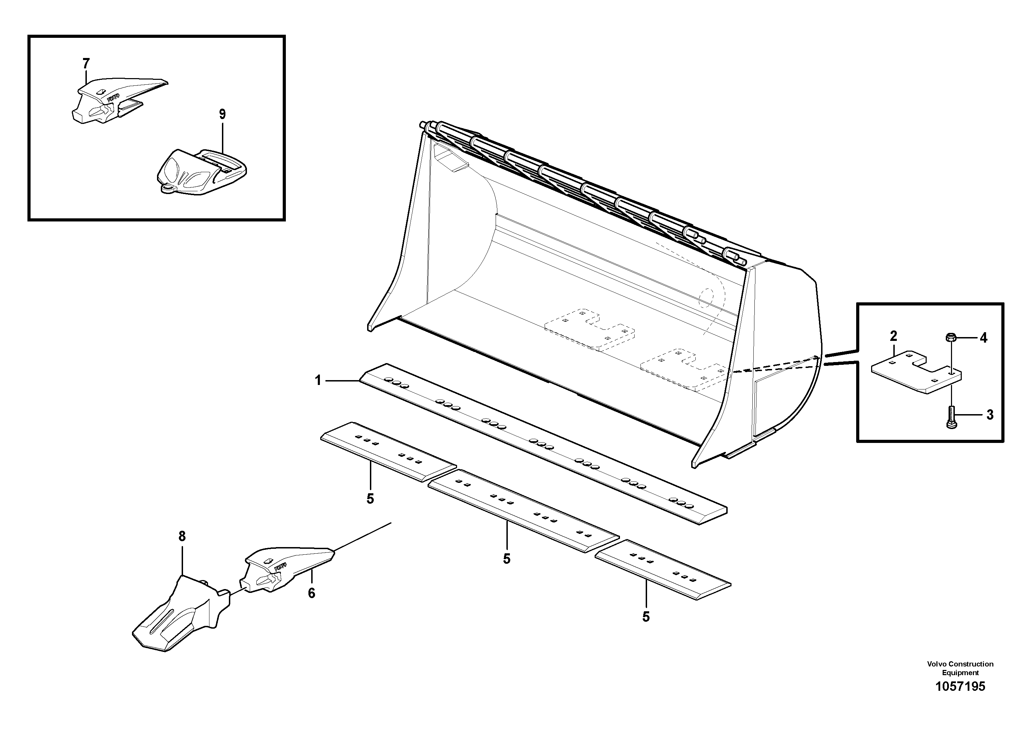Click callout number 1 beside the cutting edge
coord(318,381)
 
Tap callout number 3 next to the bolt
coord(990,414)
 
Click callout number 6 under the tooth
coord(312,593)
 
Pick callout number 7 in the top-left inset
coord(86,64)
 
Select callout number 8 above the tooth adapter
coord(182,536)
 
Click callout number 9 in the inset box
coord(223,114)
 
